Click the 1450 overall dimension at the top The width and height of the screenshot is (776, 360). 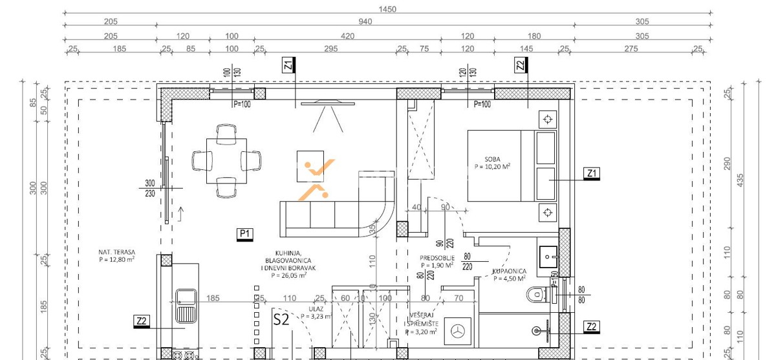pos(387,9)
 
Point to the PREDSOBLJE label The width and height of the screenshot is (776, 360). pos(438,257)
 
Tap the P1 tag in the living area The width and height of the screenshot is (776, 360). pos(245,233)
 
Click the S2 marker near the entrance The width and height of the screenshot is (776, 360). pos(281,319)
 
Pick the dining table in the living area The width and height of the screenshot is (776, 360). pos(226,160)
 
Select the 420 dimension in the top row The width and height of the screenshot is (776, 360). pos(347,36)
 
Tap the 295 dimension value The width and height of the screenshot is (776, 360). pos(331,48)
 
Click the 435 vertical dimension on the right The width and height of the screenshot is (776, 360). pos(741,178)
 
